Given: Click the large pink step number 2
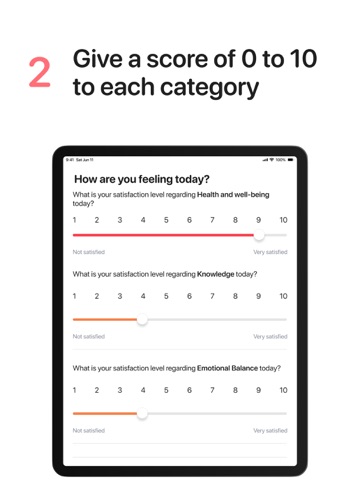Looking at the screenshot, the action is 40,72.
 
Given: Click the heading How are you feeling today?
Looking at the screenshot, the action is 142,179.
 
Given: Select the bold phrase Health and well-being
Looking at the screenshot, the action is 233,195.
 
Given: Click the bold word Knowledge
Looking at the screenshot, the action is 215,274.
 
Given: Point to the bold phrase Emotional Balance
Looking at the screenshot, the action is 227,368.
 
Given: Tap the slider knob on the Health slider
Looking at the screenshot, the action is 259,235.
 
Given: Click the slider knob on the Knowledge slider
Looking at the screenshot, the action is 142,320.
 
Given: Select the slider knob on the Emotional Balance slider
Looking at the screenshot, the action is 142,414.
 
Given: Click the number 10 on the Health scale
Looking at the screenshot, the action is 283,220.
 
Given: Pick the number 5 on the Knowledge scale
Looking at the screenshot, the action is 166,296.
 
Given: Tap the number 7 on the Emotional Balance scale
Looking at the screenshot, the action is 212,390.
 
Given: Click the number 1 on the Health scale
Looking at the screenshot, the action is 74,220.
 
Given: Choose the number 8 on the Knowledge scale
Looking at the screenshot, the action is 235,296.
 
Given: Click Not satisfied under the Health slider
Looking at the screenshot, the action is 89,252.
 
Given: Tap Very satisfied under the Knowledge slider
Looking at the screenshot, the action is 270,337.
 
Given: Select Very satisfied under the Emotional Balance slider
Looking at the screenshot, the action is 270,431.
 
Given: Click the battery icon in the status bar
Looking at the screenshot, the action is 291,160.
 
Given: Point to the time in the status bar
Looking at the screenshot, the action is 69,160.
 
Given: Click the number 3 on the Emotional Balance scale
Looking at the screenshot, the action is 120,390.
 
